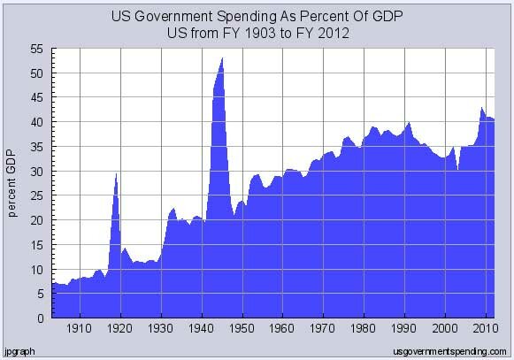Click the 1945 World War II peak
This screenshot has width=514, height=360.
coord(221,59)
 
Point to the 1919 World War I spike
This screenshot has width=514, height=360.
coord(116,174)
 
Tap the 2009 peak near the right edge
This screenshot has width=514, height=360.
coord(481,109)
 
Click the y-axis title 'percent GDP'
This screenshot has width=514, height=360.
coord(13,184)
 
